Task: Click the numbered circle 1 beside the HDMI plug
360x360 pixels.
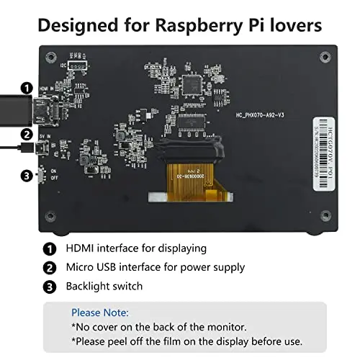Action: [x=26, y=88]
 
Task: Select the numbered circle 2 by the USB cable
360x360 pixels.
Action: [x=26, y=134]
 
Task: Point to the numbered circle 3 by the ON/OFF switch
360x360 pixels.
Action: [x=26, y=175]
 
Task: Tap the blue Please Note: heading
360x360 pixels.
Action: [x=100, y=313]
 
